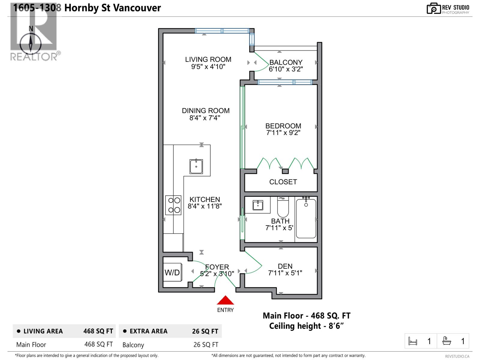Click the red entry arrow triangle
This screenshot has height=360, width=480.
[x=225, y=301]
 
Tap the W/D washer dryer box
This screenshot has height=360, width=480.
[x=172, y=272]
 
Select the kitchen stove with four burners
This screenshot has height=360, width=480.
[x=173, y=205]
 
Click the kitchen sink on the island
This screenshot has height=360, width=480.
[x=196, y=166]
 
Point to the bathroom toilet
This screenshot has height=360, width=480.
[x=283, y=207]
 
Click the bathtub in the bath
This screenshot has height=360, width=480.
[x=306, y=218]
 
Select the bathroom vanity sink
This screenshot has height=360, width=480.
[x=258, y=205]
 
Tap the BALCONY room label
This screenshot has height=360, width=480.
[x=286, y=62]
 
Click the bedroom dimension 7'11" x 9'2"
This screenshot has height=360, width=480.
[x=283, y=133]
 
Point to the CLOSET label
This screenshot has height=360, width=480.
[x=283, y=182]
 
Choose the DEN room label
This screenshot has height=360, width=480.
[x=285, y=266]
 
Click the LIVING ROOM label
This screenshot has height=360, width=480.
[x=208, y=59]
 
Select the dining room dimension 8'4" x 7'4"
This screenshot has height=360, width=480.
[x=205, y=118]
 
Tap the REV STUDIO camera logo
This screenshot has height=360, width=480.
[x=433, y=9]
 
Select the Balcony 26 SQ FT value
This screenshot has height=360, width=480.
[x=206, y=345]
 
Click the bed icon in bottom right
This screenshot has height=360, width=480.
[x=413, y=341]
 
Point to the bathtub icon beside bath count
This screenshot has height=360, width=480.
[x=447, y=341]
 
